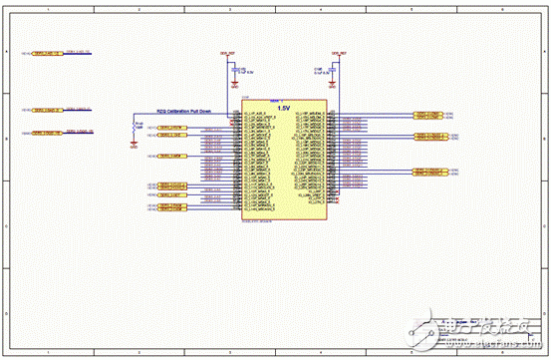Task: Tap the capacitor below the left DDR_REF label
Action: pos(234,71)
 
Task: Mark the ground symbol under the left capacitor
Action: pos(234,86)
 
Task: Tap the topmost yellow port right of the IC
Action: pos(426,115)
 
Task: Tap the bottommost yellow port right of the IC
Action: pos(426,171)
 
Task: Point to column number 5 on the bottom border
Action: pos(409,353)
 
